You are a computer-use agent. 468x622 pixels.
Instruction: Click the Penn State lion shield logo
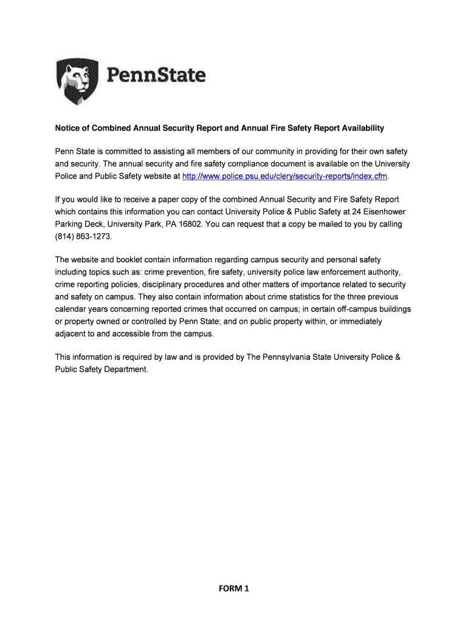pos(77,82)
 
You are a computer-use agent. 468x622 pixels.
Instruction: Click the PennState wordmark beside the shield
pos(157,76)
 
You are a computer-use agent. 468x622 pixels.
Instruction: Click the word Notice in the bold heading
pos(67,128)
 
